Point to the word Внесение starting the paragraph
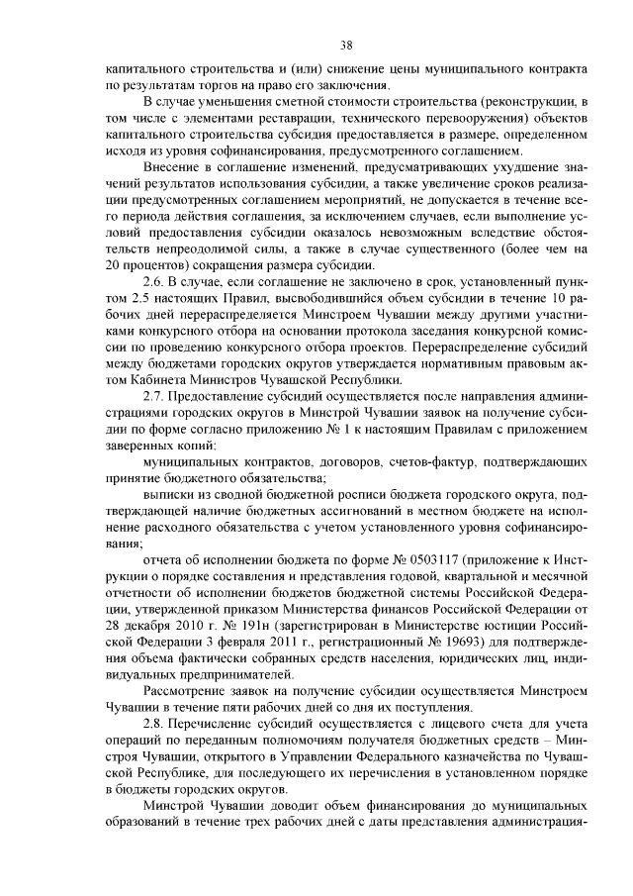(x=175, y=170)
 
